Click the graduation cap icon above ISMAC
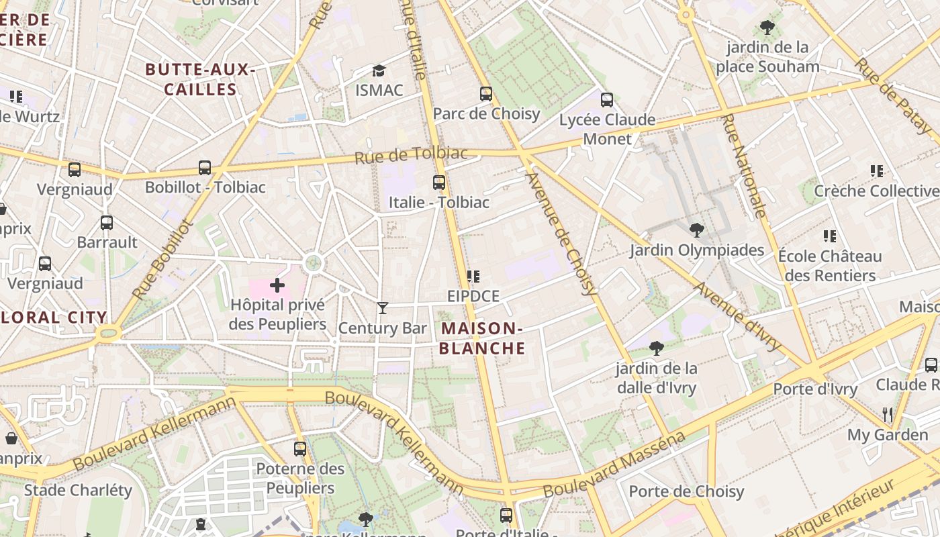click(x=379, y=70)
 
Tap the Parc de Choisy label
click(x=486, y=113)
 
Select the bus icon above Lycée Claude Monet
click(x=607, y=100)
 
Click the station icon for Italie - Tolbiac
click(x=439, y=182)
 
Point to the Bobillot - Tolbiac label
click(x=205, y=187)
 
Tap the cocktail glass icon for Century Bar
click(x=383, y=308)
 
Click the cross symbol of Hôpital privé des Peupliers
click(x=277, y=286)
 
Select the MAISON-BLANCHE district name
click(x=482, y=338)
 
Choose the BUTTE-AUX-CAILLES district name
click(x=200, y=79)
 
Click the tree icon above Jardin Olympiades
click(x=697, y=230)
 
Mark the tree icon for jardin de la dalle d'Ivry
click(x=657, y=348)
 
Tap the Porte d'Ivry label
click(x=815, y=389)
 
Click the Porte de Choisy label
click(x=686, y=491)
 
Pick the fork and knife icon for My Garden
click(x=888, y=414)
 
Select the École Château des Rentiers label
click(x=830, y=266)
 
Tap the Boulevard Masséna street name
click(x=614, y=465)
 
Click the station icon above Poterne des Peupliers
click(x=300, y=448)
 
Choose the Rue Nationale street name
click(x=743, y=166)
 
